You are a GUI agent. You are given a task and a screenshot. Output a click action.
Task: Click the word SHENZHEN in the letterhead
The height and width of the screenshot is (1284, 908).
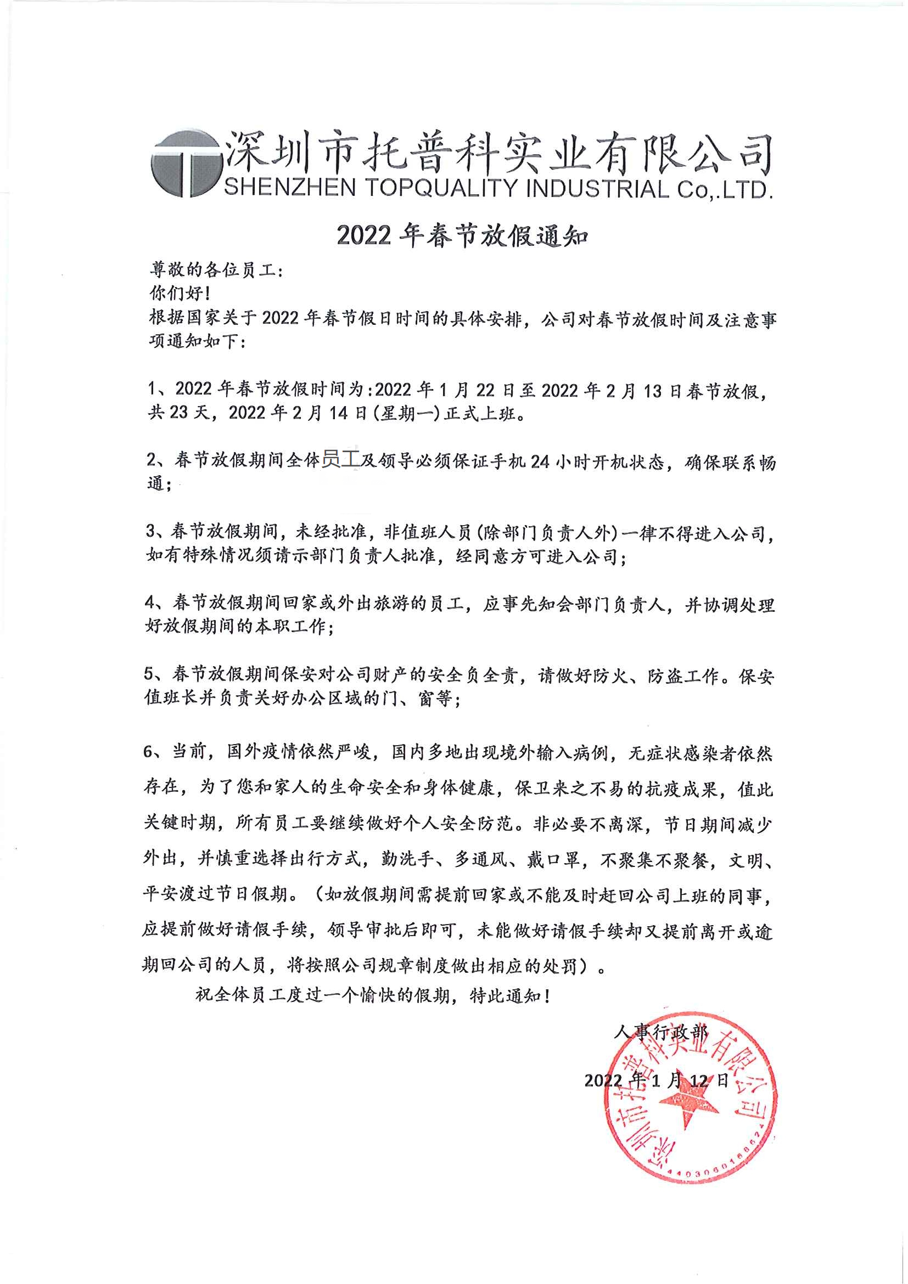coord(290,188)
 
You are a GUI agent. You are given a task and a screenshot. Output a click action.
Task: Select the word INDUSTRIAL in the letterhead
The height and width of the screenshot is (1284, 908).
coord(597,189)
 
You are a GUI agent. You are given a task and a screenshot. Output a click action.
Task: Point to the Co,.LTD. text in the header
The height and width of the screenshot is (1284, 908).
coord(725,190)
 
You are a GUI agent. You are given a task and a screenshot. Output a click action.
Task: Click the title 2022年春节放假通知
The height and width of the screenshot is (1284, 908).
coord(462,236)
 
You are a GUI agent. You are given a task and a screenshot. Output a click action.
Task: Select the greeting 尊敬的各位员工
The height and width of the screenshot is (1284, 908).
coord(216,271)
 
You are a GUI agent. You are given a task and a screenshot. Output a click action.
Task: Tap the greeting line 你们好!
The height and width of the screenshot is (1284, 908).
coord(180,293)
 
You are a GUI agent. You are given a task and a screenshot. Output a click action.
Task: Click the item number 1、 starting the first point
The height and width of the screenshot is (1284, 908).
coord(157,388)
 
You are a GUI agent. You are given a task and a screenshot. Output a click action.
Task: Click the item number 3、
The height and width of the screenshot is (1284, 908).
coord(156,531)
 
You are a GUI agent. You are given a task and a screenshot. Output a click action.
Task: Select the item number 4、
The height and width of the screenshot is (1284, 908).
coord(155,602)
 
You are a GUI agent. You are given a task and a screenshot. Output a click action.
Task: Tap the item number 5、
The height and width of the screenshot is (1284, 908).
coord(154,674)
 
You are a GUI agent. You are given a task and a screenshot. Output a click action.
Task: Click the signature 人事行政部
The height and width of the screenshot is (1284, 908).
coord(660,1031)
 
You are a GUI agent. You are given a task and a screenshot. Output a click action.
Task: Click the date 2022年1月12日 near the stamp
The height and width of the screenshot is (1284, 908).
coord(656,1080)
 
